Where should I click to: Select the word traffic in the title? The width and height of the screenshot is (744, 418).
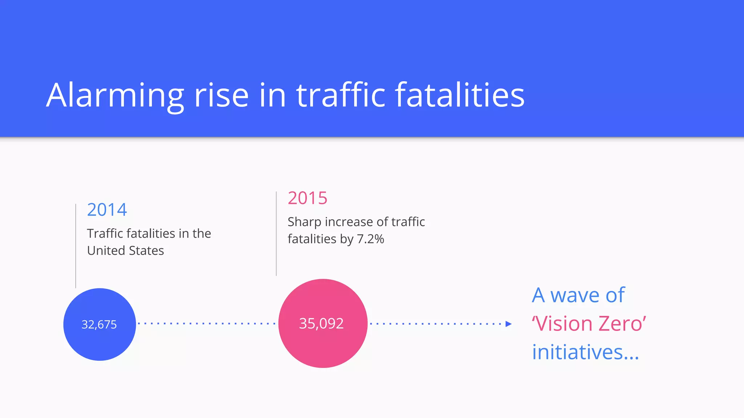341,95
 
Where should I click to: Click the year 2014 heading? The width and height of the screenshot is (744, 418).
107,210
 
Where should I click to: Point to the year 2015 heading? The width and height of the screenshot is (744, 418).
308,198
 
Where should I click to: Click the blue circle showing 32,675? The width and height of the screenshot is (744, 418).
100,324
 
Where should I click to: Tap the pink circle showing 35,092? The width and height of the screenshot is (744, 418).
323,323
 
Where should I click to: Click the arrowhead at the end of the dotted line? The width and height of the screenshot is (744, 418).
508,324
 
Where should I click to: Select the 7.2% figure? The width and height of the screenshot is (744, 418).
370,239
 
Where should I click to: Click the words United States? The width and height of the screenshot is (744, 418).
126,251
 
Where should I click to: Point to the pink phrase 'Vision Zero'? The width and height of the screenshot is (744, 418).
589,324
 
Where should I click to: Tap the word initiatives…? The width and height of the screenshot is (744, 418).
585,352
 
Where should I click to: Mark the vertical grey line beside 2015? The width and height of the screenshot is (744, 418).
276,234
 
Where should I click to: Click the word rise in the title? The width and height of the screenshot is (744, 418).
221,95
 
